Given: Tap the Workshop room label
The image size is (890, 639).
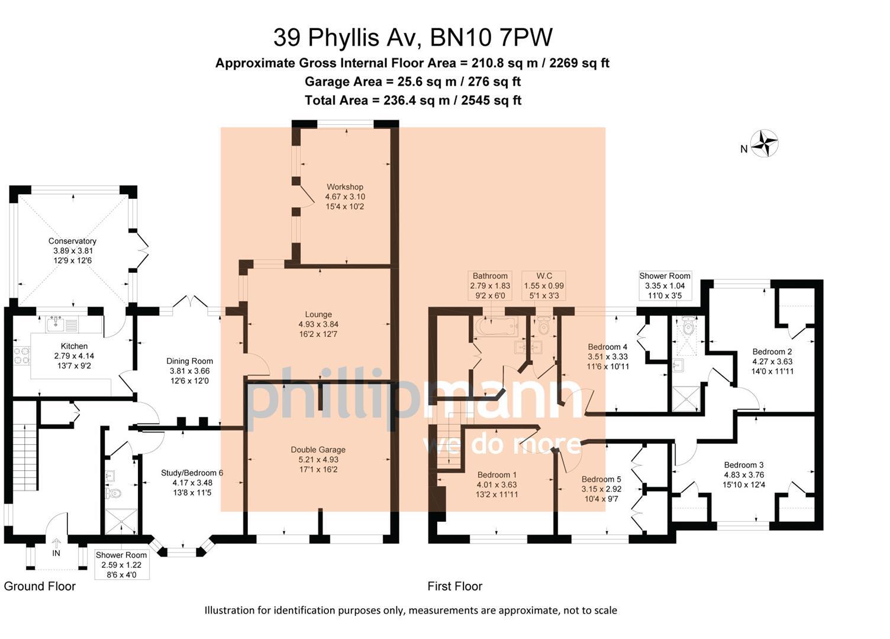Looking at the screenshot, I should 344,187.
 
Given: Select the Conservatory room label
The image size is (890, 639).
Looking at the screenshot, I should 72,241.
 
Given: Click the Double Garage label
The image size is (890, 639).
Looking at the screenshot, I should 318,450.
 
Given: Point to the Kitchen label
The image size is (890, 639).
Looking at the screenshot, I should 74,346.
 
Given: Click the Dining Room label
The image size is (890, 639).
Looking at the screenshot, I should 189,361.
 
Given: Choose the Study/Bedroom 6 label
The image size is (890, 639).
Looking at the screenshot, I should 192,473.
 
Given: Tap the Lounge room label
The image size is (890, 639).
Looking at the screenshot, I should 318,315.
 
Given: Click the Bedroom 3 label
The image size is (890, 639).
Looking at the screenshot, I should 744,465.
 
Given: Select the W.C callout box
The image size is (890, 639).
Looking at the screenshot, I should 544,285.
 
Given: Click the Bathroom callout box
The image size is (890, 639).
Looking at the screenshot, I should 490,285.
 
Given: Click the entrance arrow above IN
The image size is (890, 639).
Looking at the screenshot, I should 56,543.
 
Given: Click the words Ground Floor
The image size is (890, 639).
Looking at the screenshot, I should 40,586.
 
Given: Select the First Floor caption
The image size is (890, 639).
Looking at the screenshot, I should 454,586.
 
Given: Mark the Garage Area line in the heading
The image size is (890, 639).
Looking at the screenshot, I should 412,82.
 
